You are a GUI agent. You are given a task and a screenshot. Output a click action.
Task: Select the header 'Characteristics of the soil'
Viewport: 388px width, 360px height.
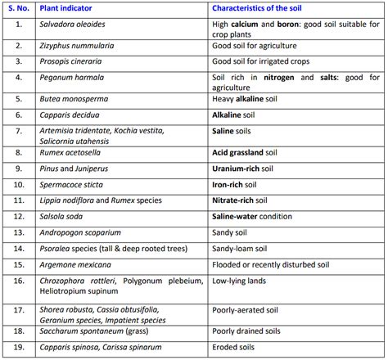pyautogui.click(x=261, y=9)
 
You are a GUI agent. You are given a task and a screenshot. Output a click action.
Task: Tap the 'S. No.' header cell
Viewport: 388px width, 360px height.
pyautogui.click(x=19, y=9)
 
